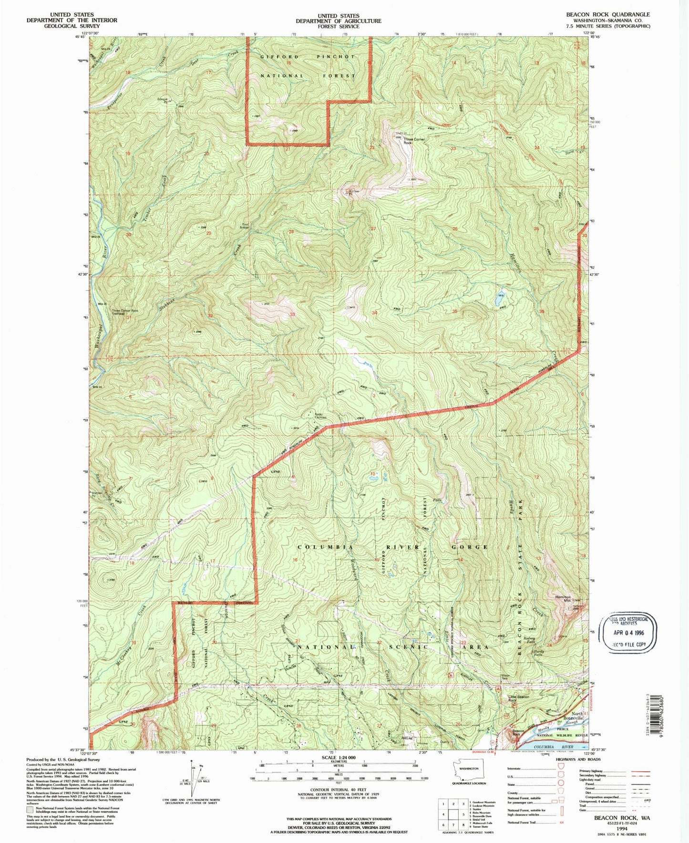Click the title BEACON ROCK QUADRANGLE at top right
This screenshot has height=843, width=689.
tap(607, 15)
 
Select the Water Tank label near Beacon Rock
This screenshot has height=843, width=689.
tap(505, 677)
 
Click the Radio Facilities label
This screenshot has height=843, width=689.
tap(320, 416)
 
